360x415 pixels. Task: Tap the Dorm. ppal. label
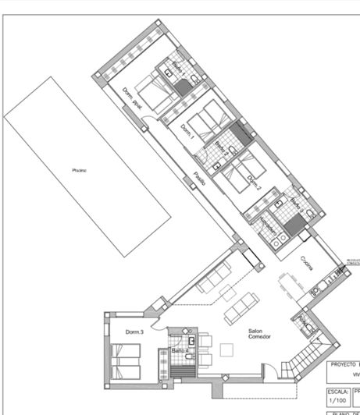pyautogui.click(x=133, y=99)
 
